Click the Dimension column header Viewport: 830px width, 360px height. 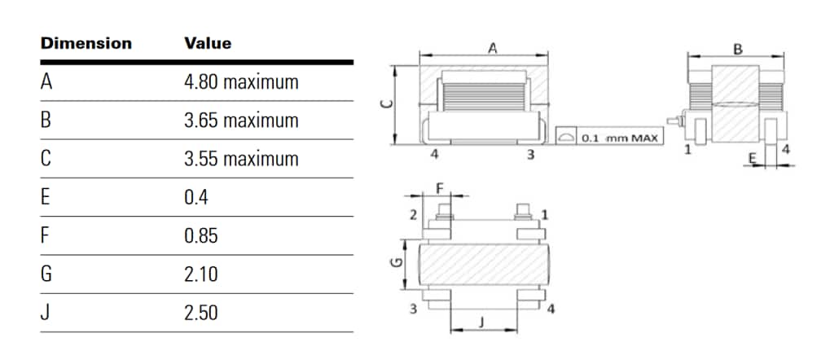pyautogui.click(x=86, y=43)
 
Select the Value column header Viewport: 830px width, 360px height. pyautogui.click(x=208, y=43)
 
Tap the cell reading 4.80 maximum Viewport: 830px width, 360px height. pyautogui.click(x=241, y=82)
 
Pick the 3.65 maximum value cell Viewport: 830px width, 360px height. pyautogui.click(x=241, y=121)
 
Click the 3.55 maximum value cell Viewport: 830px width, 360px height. pyautogui.click(x=241, y=159)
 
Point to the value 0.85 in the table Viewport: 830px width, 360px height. pyautogui.click(x=201, y=236)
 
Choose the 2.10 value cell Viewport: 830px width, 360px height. pyautogui.click(x=201, y=274)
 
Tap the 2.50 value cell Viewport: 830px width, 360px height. pyautogui.click(x=201, y=313)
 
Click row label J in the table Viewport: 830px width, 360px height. pyautogui.click(x=45, y=313)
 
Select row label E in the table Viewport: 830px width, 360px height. pyautogui.click(x=46, y=198)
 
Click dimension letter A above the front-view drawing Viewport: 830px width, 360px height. pyautogui.click(x=491, y=49)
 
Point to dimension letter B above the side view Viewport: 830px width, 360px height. pyautogui.click(x=738, y=49)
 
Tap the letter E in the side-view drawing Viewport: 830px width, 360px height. pyautogui.click(x=752, y=155)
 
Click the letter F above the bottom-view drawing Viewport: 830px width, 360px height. pyautogui.click(x=440, y=188)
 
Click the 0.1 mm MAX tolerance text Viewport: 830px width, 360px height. pyautogui.click(x=621, y=138)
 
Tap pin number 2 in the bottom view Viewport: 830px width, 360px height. pyautogui.click(x=413, y=214)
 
